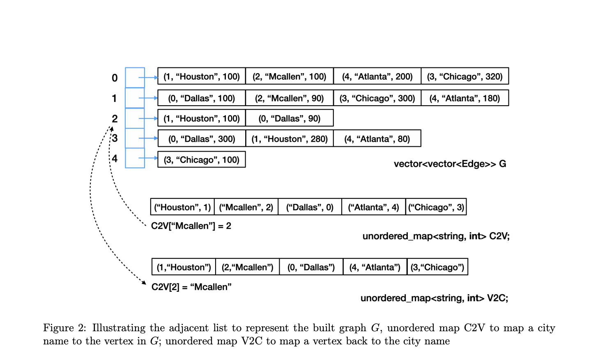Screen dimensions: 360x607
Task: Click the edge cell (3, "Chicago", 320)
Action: pyautogui.click(x=464, y=76)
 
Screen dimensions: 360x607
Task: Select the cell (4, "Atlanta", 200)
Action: pyautogui.click(x=377, y=76)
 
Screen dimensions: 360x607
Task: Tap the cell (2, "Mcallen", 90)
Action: pyautogui.click(x=289, y=98)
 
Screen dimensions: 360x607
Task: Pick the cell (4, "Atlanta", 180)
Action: pyautogui.click(x=464, y=98)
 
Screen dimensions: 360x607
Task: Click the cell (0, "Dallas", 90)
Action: pyautogui.click(x=289, y=118)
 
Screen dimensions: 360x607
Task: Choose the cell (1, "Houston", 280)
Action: pyautogui.click(x=289, y=139)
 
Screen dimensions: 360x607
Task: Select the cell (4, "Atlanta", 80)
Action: pyautogui.click(x=377, y=139)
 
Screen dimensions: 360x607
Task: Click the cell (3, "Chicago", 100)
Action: pyautogui.click(x=201, y=159)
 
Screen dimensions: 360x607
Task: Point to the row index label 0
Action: pyautogui.click(x=115, y=78)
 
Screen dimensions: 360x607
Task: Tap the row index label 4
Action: pyautogui.click(x=115, y=159)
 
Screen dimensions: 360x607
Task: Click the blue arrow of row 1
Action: pyautogui.click(x=148, y=98)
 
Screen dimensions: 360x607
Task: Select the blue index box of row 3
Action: pyautogui.click(x=135, y=138)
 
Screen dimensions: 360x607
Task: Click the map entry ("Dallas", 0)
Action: pyautogui.click(x=310, y=207)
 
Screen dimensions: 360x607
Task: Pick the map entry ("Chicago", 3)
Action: pyautogui.click(x=436, y=207)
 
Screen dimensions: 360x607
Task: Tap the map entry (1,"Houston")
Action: pyautogui.click(x=184, y=267)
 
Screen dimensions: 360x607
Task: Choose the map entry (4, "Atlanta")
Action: pyautogui.click(x=375, y=267)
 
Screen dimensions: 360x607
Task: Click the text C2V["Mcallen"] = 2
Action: pyautogui.click(x=191, y=226)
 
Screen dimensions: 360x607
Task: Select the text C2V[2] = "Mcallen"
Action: pyautogui.click(x=191, y=287)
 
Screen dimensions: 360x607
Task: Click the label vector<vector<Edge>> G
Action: pyautogui.click(x=450, y=164)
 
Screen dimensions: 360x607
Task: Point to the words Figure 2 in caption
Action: pyautogui.click(x=64, y=328)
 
